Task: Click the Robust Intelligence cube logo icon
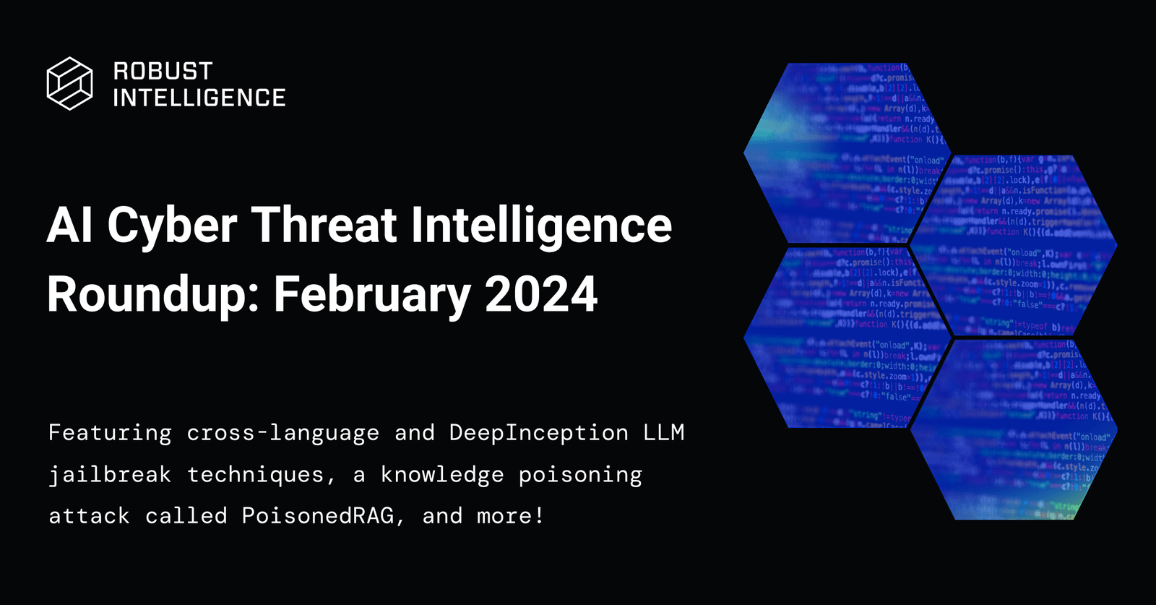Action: (69, 83)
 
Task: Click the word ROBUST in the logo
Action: (163, 71)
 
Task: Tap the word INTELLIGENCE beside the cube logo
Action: (199, 98)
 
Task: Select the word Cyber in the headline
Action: (172, 226)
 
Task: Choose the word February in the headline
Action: (372, 295)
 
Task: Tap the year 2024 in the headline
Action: (541, 293)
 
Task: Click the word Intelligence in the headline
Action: (542, 226)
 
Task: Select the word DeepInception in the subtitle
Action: (538, 433)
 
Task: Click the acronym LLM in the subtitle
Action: (663, 433)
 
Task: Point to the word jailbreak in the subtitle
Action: (110, 475)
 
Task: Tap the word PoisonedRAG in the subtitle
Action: (318, 516)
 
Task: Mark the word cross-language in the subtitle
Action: (283, 433)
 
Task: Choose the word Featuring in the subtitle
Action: (110, 433)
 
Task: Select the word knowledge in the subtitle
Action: (442, 475)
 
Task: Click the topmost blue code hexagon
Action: (845, 152)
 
